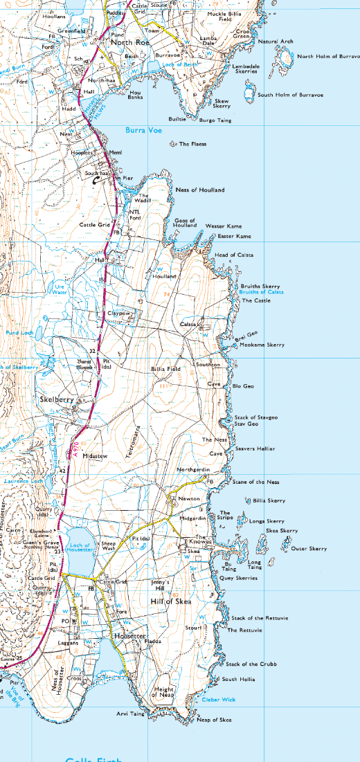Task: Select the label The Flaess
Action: click(192, 144)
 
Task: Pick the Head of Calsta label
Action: click(234, 255)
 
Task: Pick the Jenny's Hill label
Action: click(164, 587)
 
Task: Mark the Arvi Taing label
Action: click(130, 713)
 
